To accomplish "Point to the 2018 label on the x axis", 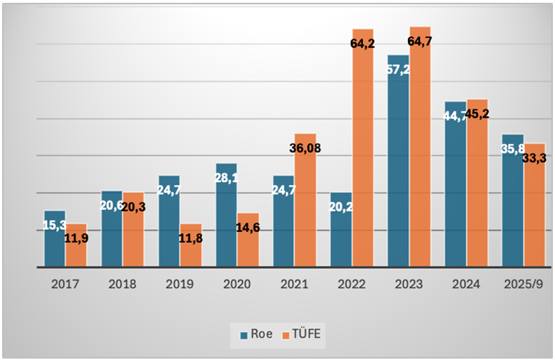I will (122, 285).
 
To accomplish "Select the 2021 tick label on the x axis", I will (294, 285).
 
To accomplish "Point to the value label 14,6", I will (248, 228).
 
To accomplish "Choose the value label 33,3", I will (533, 158).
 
